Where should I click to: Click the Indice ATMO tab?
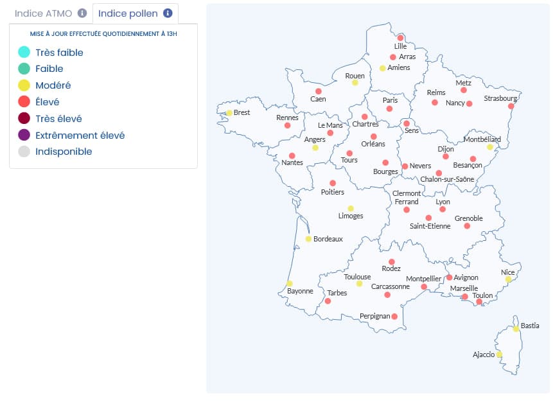pos(44,13)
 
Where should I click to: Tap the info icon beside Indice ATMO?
pos(82,13)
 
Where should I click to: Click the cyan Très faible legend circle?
pos(24,53)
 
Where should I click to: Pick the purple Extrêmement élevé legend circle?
pos(24,135)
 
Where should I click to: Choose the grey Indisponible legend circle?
pos(24,152)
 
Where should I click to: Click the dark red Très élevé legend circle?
pos(24,119)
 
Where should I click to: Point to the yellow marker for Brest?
pos(229,113)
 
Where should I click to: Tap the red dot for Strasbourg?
pos(511,107)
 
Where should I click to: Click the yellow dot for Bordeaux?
pos(308,239)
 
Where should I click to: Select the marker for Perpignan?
pos(394,317)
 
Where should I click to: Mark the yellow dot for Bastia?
pos(516,329)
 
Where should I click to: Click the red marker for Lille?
pos(401,38)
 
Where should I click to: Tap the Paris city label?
pos(390,100)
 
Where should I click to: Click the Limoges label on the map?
pos(351,216)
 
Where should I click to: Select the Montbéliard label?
pos(482,139)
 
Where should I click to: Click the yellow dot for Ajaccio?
pos(499,354)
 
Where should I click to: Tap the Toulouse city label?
pos(357,277)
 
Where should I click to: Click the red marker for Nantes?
pos(292,156)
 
